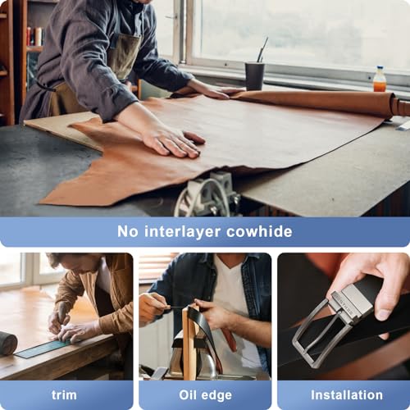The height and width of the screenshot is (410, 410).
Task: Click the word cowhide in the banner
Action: click(257, 231)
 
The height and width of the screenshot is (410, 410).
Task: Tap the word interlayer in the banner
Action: click(180, 231)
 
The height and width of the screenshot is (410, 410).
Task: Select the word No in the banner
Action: click(128, 231)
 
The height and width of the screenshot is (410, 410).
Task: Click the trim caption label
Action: click(64, 394)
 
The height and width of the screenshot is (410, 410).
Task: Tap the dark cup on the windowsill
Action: click(254, 75)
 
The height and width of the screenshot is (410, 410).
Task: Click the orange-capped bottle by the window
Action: click(380, 80)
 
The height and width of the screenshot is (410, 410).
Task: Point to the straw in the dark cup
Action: click(262, 50)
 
